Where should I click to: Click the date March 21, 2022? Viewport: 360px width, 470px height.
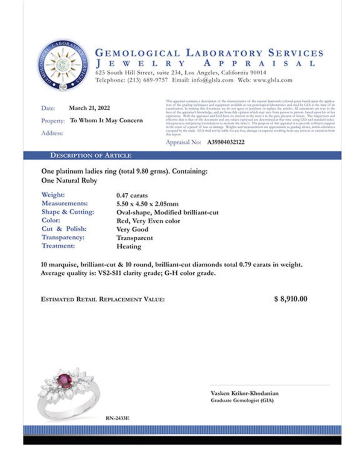89,108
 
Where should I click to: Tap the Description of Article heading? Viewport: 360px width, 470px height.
91,156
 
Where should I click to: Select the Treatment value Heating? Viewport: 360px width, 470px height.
129,247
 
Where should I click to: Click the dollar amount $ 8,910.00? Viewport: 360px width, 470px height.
290,299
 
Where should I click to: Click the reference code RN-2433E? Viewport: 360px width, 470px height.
117,417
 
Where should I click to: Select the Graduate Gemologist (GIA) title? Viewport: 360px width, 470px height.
242,401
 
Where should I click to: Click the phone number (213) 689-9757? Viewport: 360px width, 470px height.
145,80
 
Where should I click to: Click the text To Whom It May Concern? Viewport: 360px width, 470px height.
106,120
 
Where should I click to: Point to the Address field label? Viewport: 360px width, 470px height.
52,133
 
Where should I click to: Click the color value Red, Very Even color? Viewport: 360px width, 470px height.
148,221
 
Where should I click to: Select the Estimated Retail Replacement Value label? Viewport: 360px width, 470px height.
102,300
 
